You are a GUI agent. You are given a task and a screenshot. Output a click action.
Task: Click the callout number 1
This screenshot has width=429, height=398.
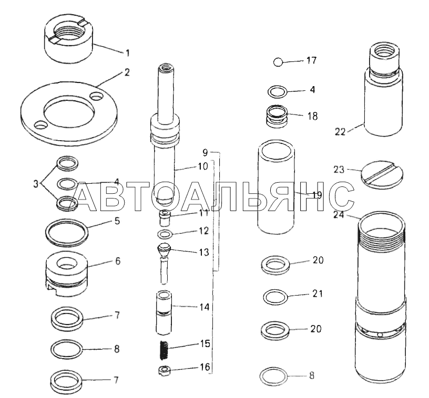coord(128,53)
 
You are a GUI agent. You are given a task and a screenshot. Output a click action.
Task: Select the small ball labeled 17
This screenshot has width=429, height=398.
coord(278,62)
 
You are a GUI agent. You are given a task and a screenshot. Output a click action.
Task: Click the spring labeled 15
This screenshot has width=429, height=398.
coord(164,350)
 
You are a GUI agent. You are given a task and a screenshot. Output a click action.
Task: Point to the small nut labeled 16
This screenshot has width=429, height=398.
coord(164,370)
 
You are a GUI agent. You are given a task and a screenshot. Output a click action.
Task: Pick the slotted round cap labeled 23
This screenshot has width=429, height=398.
coord(382,174)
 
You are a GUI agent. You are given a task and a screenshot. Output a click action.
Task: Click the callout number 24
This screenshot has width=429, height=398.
coord(339,215)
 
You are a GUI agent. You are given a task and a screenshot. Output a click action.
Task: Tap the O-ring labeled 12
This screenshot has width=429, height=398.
coord(165,234)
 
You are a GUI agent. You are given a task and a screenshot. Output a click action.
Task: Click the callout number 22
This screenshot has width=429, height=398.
coord(340,132)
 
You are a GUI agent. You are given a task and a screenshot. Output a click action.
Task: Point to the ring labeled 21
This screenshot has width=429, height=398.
coord(275,296)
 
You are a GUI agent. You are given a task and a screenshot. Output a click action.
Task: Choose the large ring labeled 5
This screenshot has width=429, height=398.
coord(67,232)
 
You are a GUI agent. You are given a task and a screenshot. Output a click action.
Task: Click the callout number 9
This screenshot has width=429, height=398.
coord(206,152)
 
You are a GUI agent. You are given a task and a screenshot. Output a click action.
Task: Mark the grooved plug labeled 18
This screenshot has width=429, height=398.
coord(277,116)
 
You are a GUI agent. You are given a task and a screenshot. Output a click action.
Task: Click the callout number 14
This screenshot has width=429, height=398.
coord(204,307)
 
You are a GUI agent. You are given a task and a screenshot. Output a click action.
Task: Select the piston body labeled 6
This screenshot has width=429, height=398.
coord(67,274)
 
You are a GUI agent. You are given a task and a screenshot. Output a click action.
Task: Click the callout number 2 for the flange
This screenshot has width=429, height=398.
coord(127,72)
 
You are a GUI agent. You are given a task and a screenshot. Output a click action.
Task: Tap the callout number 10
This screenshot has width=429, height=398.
coord(203,166)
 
